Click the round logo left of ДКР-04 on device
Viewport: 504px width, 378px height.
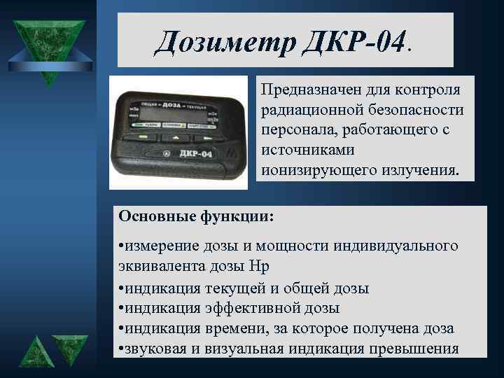165,153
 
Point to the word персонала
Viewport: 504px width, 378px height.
293,130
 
